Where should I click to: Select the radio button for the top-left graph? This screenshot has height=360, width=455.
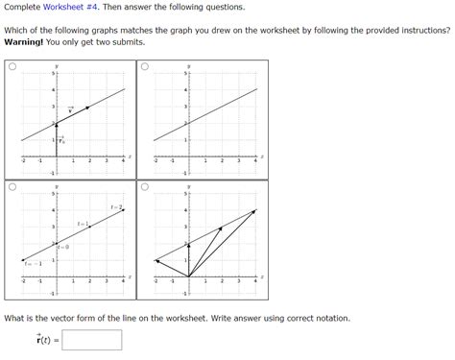pos(12,68)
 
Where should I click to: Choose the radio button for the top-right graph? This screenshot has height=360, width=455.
pos(144,68)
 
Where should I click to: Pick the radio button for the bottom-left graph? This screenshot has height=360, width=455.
pos(12,188)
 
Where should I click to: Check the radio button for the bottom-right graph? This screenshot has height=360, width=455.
pos(144,188)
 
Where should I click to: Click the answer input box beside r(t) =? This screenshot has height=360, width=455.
pos(92,340)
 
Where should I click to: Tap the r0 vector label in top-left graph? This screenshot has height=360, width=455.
pos(60,140)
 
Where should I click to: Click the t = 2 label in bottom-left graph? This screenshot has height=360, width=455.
pos(115,206)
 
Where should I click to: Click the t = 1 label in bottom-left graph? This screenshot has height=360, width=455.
pos(83,224)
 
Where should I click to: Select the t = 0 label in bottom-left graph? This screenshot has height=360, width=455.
pos(62,247)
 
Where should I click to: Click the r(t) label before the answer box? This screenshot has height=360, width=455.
pos(40,340)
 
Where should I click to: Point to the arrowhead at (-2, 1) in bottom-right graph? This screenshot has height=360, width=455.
pos(156,260)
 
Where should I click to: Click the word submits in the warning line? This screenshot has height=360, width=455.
pos(129,42)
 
